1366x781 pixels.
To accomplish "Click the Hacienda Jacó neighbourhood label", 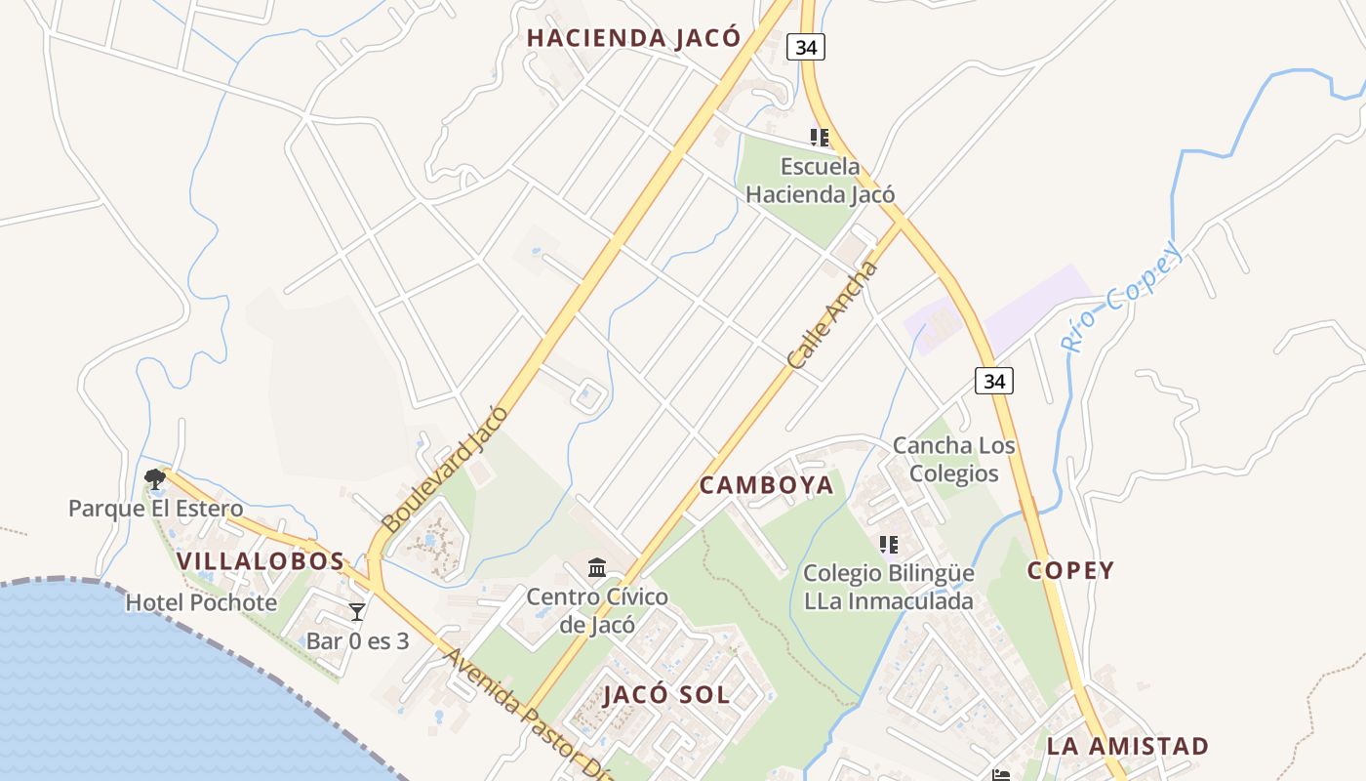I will [634, 38].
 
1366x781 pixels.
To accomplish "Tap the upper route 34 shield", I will [806, 47].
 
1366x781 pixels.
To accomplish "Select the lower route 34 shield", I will [993, 381].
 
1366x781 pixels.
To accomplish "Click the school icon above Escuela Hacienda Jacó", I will [819, 138].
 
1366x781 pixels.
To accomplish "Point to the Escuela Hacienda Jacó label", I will [820, 181].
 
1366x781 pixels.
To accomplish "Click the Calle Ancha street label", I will [832, 315].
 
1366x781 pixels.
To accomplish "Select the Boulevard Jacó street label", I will [445, 469].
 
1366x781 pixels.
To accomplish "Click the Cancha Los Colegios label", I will [953, 460].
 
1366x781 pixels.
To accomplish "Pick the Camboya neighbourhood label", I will [767, 485].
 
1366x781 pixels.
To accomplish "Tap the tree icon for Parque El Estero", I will [154, 478].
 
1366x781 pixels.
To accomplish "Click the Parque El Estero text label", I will [155, 509].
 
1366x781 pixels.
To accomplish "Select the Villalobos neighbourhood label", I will [261, 561].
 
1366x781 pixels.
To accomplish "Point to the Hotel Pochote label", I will [201, 602].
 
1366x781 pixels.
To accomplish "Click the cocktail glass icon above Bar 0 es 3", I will [357, 612].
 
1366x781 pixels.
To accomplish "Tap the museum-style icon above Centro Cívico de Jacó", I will [597, 567].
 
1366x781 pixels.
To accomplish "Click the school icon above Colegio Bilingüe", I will [888, 544].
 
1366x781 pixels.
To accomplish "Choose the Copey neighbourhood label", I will [1070, 571].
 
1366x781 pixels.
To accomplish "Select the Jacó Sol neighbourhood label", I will [666, 695].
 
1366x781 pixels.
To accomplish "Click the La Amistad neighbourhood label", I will [1128, 747].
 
